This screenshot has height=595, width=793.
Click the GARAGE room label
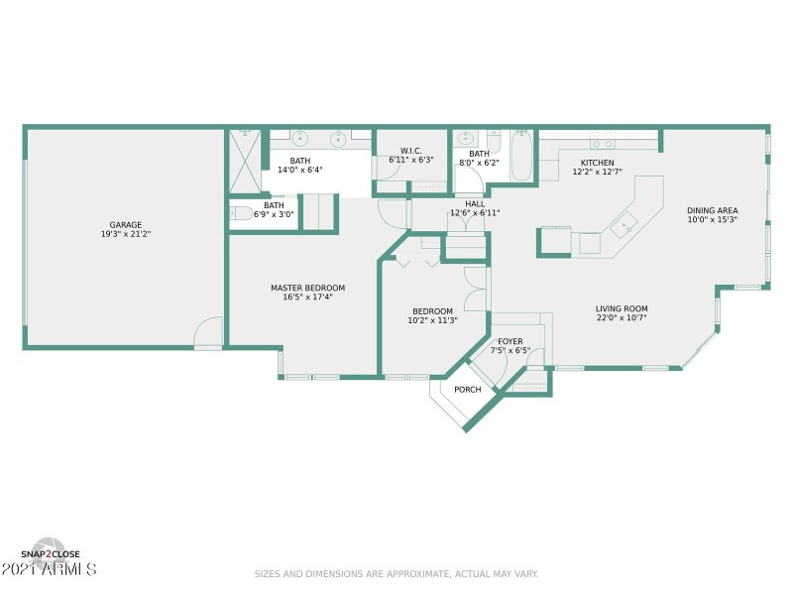(x=123, y=225)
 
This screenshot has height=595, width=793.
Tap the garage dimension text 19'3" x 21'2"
(x=123, y=235)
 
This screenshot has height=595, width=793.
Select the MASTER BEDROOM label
(x=307, y=288)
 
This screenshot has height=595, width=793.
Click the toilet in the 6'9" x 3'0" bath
(x=242, y=213)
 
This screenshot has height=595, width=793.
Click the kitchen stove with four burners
(x=602, y=140)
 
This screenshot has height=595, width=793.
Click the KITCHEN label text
(x=597, y=163)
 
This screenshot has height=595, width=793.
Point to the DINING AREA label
(x=713, y=210)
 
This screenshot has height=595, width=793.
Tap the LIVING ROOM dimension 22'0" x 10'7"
(x=622, y=318)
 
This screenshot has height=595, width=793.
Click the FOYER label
(x=510, y=341)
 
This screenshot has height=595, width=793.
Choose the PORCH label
(x=467, y=390)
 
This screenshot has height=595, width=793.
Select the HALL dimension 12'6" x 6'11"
(x=475, y=213)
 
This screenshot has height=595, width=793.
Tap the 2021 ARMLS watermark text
(x=50, y=570)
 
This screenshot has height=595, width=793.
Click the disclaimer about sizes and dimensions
(x=396, y=573)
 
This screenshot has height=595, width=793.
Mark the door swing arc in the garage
(x=209, y=331)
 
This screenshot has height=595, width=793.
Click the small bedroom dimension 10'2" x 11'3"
(x=432, y=320)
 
